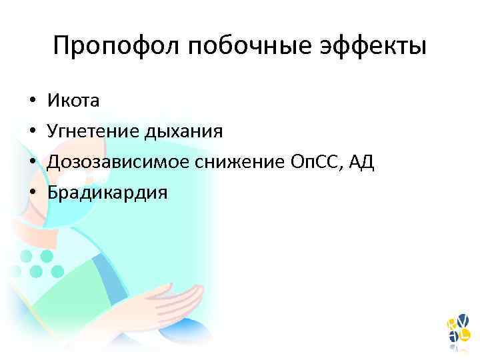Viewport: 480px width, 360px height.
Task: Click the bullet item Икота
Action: [x=73, y=101]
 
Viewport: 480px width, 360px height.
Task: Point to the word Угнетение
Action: [x=91, y=131]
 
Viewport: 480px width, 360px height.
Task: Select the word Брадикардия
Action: [x=107, y=193]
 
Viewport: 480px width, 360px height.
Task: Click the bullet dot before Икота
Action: [x=31, y=101]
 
